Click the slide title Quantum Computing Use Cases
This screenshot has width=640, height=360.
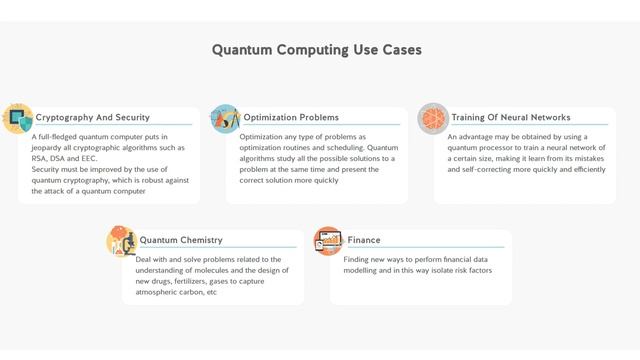[x=317, y=49]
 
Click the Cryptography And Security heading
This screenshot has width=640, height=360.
[x=93, y=117]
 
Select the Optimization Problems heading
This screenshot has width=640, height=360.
[x=291, y=117]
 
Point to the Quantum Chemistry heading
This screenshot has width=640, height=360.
[x=181, y=240]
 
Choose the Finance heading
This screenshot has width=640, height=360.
[x=364, y=240]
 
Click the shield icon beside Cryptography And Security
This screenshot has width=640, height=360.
[x=18, y=118]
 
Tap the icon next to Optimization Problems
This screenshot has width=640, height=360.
[x=225, y=118]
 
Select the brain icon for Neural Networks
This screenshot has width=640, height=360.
[x=432, y=118]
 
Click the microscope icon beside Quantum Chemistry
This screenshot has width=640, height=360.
[x=121, y=241]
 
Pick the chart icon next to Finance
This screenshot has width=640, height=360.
[x=328, y=241]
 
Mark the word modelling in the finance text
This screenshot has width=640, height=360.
[x=364, y=270]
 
